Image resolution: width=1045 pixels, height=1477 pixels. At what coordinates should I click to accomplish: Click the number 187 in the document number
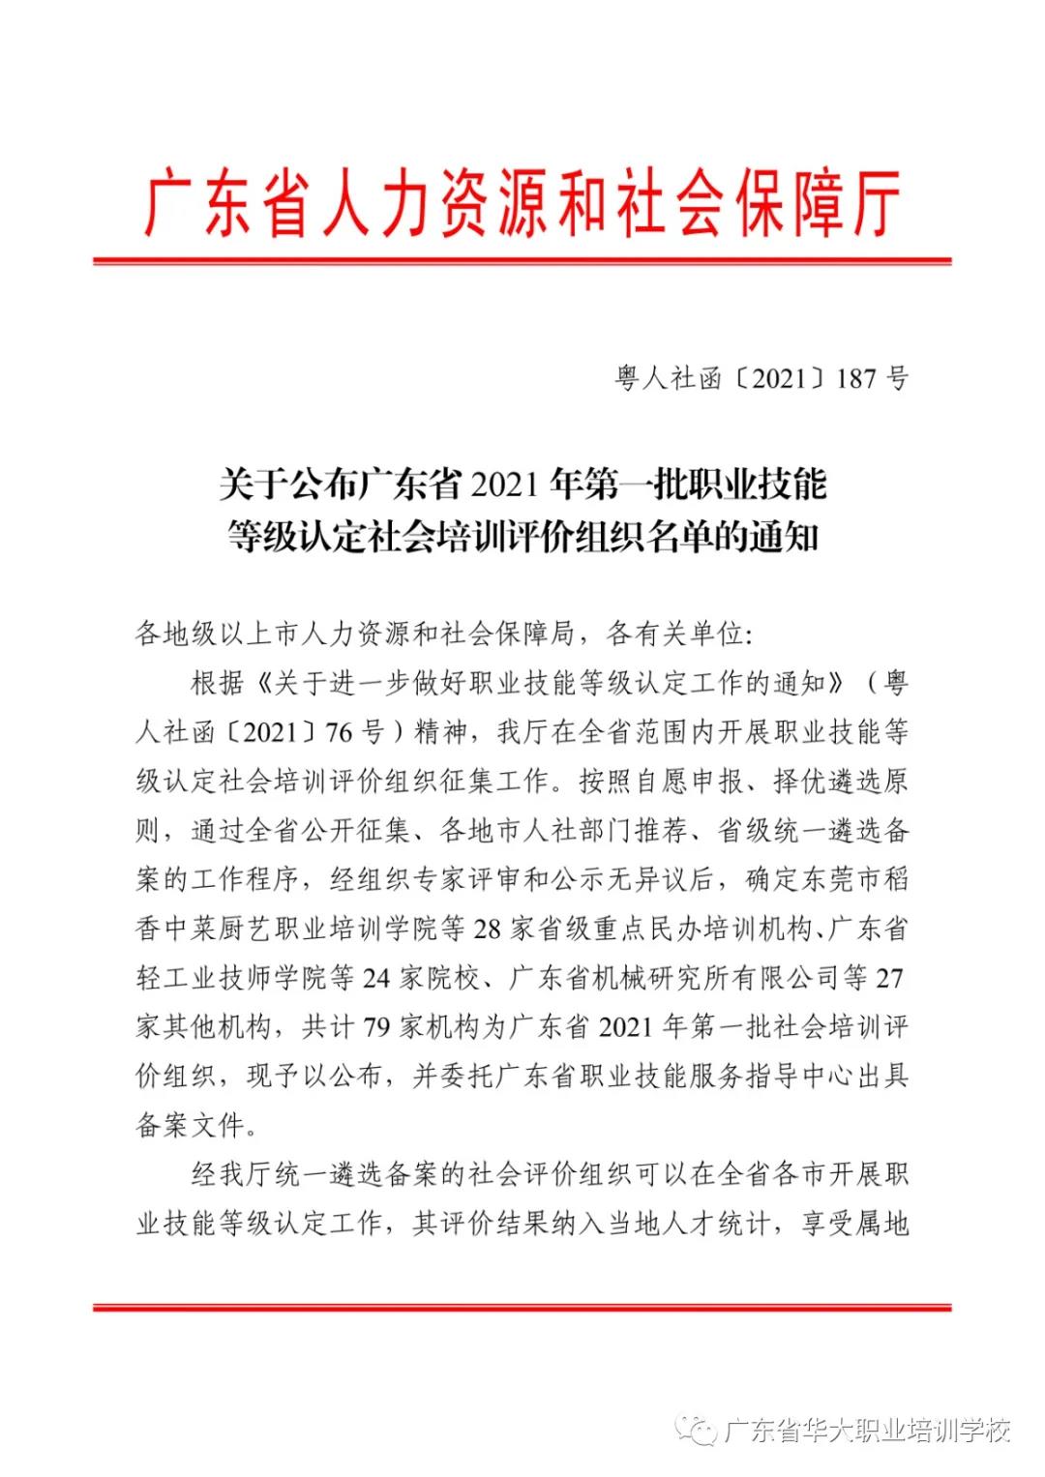point(854,378)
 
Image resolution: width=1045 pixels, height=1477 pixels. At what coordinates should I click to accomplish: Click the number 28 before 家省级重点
point(496,929)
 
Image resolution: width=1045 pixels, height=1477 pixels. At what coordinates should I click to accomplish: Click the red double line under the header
point(522,260)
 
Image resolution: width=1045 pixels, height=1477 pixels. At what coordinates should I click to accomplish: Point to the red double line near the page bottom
point(522,1309)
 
